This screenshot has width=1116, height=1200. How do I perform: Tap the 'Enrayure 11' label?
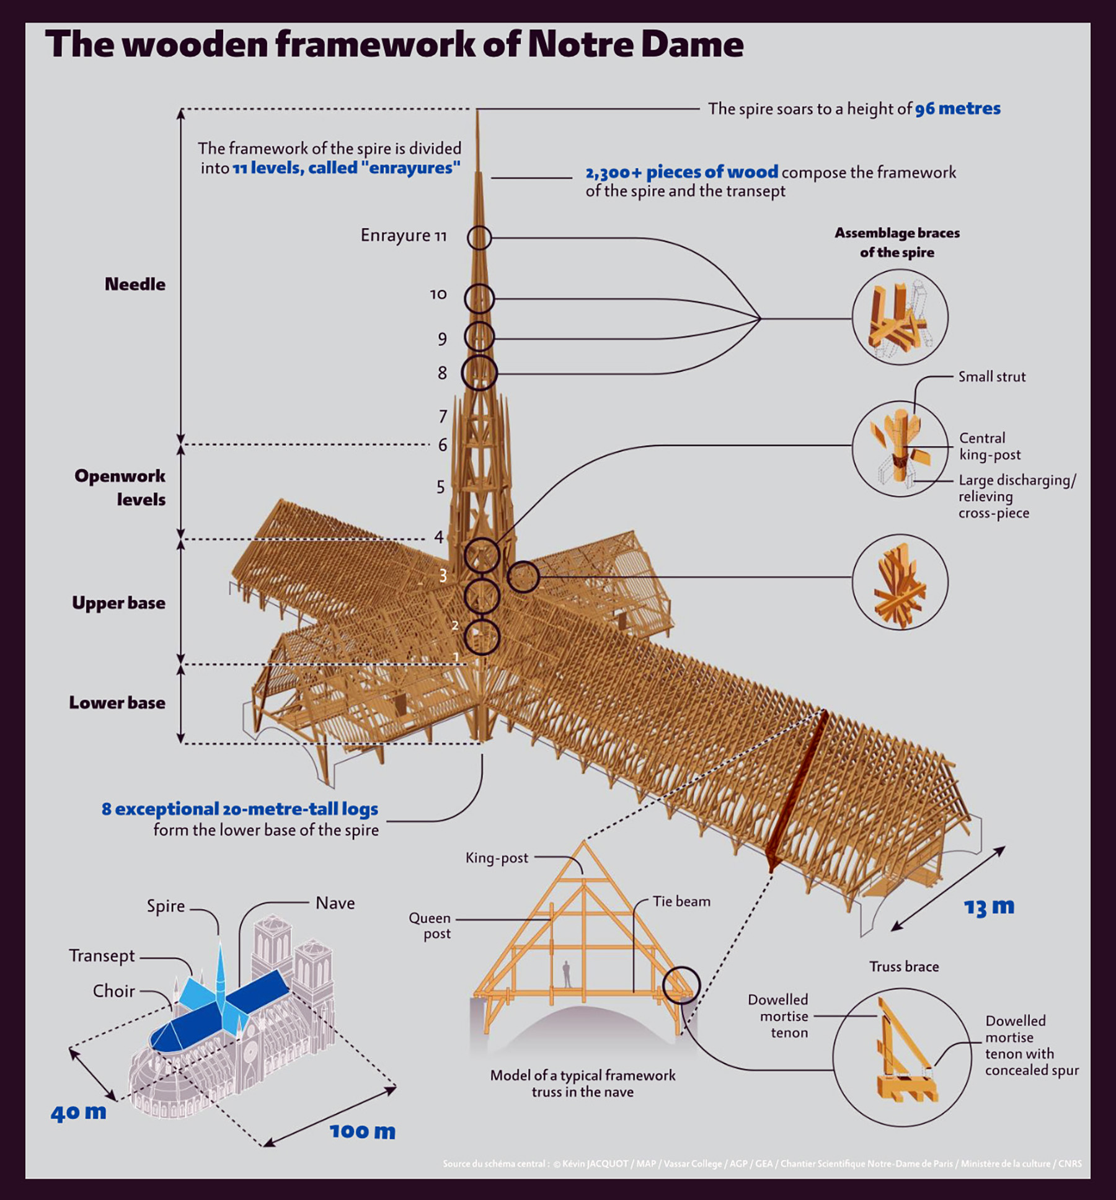coord(404,236)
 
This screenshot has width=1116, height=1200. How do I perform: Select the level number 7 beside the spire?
coord(443,416)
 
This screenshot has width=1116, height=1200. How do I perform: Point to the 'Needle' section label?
coord(135,284)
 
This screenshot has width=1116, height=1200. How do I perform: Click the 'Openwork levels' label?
coord(120,487)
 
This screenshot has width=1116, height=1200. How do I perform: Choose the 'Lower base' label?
coord(117,702)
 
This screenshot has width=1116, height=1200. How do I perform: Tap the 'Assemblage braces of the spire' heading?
coord(897,242)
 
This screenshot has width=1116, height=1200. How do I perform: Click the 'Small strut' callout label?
coord(992,376)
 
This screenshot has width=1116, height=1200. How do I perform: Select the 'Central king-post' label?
coord(990,446)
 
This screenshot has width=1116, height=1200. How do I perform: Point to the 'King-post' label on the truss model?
coord(497,858)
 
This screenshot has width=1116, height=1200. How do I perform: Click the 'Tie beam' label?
coord(681,901)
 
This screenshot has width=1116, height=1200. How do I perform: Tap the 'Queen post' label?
coord(430,926)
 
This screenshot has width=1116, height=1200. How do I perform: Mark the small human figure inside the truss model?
coord(566,974)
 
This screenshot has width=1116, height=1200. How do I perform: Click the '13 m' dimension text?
coord(989,907)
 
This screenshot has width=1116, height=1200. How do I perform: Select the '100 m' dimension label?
coord(363,1131)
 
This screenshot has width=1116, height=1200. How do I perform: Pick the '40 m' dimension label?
coord(79,1112)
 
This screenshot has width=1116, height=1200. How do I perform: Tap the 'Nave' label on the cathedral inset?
coord(335,903)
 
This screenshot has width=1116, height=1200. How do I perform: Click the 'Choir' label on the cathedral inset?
coord(114,991)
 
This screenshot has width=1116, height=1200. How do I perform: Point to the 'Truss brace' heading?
coord(904,966)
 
